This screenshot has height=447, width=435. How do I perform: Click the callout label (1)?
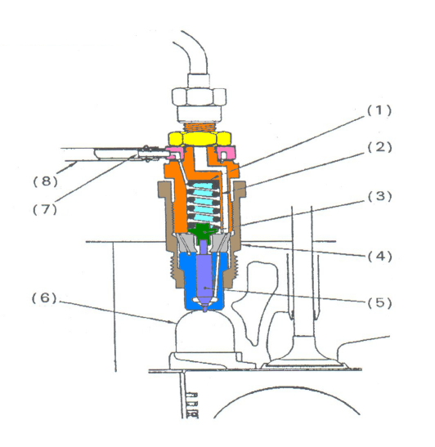(379, 110)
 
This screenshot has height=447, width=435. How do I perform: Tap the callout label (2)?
(379, 147)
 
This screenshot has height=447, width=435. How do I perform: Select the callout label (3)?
(379, 196)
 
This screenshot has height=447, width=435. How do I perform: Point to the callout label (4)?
(379, 257)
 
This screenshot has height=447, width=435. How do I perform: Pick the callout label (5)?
(379, 302)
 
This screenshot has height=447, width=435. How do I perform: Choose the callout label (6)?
(44, 298)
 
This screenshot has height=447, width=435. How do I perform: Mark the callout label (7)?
(45, 209)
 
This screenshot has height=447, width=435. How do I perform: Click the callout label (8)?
(46, 181)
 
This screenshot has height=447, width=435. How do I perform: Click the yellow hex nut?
(199, 139)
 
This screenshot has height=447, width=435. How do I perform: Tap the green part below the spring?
(204, 232)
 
